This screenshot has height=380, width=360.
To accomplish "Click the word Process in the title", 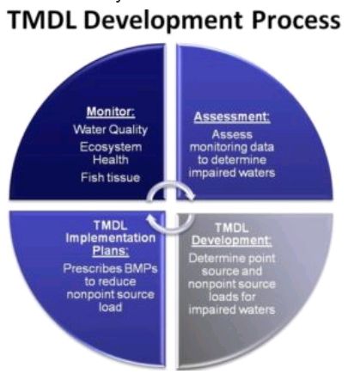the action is click(x=296, y=21).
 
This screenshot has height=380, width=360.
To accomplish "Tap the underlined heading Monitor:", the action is click(x=111, y=111).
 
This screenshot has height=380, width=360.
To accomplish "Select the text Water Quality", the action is click(x=110, y=130).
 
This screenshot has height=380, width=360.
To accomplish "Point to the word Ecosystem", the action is click(x=111, y=147).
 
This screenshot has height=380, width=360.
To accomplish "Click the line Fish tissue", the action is click(x=111, y=177).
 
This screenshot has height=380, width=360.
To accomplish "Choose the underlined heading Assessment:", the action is click(x=232, y=117).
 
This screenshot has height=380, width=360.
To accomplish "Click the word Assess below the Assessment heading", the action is click(x=232, y=134).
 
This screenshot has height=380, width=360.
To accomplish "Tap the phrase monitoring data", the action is click(x=232, y=147).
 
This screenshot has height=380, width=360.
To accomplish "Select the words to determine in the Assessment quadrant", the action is click(x=232, y=160).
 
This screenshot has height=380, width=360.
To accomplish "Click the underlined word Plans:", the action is click(x=111, y=251).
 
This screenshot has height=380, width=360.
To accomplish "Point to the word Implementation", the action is click(x=111, y=238).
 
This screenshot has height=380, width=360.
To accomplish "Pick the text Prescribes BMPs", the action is click(x=110, y=268).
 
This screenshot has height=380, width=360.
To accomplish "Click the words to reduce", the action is click(x=110, y=281).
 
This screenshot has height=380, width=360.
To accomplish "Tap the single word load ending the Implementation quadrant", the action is click(x=111, y=307).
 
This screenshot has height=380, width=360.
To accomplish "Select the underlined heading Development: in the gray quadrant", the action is click(x=232, y=241).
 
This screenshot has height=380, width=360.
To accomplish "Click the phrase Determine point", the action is click(x=232, y=258).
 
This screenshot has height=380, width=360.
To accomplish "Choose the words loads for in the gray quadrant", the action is click(x=232, y=297).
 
